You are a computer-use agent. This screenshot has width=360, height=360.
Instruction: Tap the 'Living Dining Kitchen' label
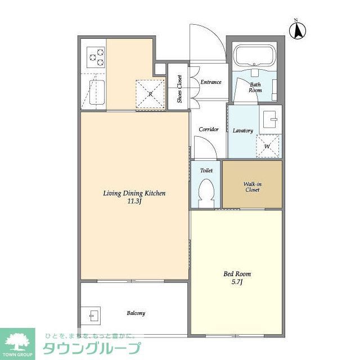tap(134, 193)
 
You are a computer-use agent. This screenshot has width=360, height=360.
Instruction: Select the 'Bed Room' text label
tap(237, 274)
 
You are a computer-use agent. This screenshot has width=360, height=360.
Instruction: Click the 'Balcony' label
tap(136, 313)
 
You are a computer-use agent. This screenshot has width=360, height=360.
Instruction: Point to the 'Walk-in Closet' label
tap(251, 187)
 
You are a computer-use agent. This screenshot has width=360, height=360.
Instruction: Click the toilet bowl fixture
tap(206, 192)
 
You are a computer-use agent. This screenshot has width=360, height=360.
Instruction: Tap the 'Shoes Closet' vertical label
tap(179, 88)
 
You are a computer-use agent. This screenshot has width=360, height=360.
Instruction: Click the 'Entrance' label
tap(211, 82)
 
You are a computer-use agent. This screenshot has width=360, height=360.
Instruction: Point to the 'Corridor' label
tap(208, 129)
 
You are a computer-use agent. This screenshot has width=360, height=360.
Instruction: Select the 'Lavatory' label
tap(243, 130)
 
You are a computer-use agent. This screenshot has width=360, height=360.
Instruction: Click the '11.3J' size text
tap(134, 201)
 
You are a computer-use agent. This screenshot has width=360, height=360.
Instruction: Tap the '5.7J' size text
tap(237, 282)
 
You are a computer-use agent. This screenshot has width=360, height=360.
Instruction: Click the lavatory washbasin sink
tap(270, 119)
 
